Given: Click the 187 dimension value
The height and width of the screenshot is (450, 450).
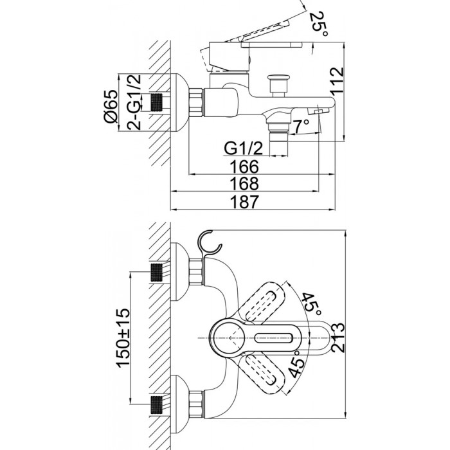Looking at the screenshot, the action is coord(244,202).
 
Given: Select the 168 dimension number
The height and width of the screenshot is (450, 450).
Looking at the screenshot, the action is coord(244,184).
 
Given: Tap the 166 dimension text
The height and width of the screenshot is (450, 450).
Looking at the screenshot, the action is coord(244,166).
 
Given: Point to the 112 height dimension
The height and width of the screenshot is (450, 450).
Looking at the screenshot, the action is coord(337,80).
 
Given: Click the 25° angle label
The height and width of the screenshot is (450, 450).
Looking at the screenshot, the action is coord(319,24).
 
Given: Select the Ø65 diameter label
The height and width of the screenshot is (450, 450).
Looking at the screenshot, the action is coord(111,106).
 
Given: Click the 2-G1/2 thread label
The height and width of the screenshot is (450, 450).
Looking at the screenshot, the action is coord(134,102).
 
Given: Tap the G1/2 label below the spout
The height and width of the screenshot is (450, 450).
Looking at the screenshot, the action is coord(244,148).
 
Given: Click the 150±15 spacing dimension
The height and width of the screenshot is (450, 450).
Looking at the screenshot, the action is coord(123,337).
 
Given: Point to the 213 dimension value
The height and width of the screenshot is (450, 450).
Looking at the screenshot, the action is coord(337,337).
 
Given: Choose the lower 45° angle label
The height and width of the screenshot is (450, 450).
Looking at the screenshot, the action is coord(297,364).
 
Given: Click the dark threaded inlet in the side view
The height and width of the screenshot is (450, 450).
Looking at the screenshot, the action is coord(156,102).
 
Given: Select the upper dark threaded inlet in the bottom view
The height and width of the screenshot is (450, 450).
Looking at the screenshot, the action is coord(156,272).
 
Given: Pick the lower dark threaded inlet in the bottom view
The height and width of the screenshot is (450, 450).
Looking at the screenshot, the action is coord(156,405).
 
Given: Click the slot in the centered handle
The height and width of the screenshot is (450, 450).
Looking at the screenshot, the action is coord(273,337).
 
